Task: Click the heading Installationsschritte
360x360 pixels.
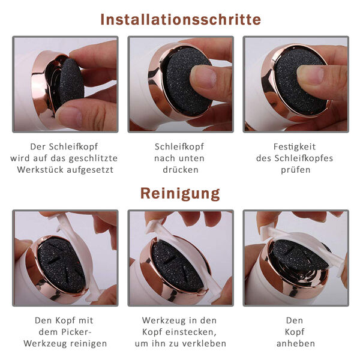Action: click(181, 20)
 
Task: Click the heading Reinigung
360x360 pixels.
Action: click(180, 194)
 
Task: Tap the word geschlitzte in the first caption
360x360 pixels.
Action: click(93, 158)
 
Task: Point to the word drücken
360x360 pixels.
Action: click(181, 170)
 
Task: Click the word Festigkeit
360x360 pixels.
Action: click(295, 147)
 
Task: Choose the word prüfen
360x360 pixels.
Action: click(296, 170)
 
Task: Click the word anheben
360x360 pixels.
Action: click(296, 344)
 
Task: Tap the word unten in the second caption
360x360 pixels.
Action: click(191, 158)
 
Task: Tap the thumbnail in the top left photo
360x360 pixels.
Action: click(70, 116)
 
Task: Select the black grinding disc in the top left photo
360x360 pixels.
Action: click(71, 81)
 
